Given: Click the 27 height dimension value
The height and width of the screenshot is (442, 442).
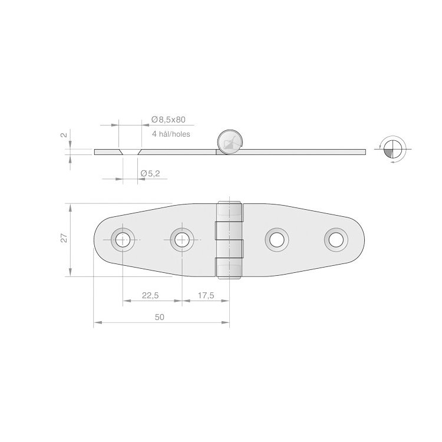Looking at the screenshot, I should (x=64, y=238).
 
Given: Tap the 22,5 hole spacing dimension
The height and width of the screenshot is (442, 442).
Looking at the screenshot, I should (x=151, y=296).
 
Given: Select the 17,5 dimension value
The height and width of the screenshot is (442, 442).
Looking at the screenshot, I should (x=206, y=296).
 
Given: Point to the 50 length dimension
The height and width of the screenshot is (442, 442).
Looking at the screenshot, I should (x=160, y=317).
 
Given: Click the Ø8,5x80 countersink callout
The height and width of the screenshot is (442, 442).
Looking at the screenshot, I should (x=168, y=120).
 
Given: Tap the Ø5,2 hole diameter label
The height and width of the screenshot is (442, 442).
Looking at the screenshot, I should (x=151, y=173).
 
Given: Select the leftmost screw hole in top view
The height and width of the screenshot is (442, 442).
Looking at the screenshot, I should (x=123, y=239).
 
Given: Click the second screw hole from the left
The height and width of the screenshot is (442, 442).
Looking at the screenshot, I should (x=182, y=239).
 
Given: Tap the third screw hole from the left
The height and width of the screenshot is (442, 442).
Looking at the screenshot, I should (x=277, y=239).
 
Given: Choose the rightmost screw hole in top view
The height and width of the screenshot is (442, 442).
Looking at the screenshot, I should (x=336, y=239).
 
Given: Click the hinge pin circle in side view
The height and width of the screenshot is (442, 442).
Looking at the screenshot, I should (x=229, y=141).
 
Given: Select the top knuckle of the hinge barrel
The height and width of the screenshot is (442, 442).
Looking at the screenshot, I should (x=230, y=212).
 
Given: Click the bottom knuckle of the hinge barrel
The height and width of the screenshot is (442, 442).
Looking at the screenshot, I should (x=230, y=267).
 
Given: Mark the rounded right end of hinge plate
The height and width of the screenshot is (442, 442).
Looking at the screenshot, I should (x=359, y=239).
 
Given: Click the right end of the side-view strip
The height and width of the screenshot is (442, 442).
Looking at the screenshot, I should (x=363, y=152).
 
